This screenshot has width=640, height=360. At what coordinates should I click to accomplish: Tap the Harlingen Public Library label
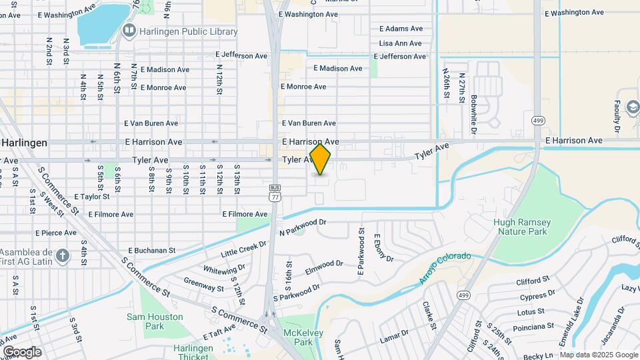point(188,31)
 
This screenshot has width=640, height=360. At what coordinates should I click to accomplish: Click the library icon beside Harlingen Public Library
point(128,31)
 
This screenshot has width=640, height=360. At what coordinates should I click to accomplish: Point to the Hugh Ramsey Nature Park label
point(522,227)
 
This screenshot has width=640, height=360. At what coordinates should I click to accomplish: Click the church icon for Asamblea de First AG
point(62,255)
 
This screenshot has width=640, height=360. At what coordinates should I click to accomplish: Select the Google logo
point(22,352)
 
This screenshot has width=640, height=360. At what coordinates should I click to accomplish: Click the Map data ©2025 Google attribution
point(598,355)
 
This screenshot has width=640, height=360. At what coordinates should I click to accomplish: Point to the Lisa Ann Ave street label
point(400,43)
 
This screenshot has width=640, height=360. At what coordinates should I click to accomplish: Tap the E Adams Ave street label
point(401,29)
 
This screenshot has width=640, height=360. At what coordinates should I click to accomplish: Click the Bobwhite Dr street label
point(473,98)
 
